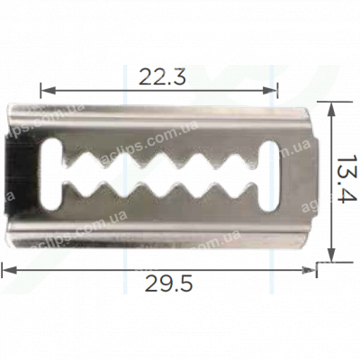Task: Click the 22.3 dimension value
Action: click(161, 78)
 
